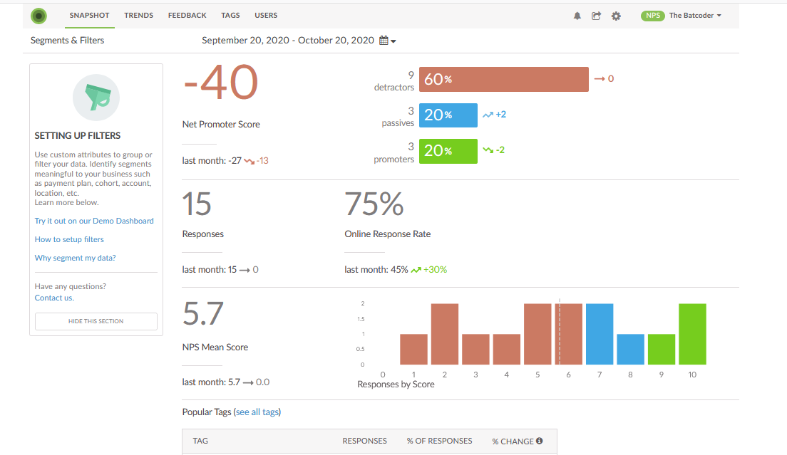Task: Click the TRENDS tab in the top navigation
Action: click(x=138, y=15)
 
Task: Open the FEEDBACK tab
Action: click(x=187, y=15)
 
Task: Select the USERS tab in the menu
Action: click(x=266, y=15)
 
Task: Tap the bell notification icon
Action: click(x=577, y=16)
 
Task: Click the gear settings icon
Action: click(x=616, y=16)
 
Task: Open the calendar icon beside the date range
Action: click(x=384, y=41)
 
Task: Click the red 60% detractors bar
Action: click(x=503, y=79)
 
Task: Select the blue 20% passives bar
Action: click(x=448, y=115)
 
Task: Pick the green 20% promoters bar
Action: click(x=448, y=151)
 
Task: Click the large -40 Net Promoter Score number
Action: click(x=220, y=83)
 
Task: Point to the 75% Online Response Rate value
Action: click(x=374, y=204)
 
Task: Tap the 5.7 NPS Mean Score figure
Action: click(x=203, y=314)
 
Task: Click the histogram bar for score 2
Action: click(x=444, y=334)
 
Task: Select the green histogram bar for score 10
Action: click(x=692, y=334)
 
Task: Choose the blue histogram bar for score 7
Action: click(x=600, y=334)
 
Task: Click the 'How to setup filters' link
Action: click(x=69, y=239)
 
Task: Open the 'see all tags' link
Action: click(x=257, y=412)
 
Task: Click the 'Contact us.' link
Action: click(x=54, y=298)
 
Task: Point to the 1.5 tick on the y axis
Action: click(x=361, y=319)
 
